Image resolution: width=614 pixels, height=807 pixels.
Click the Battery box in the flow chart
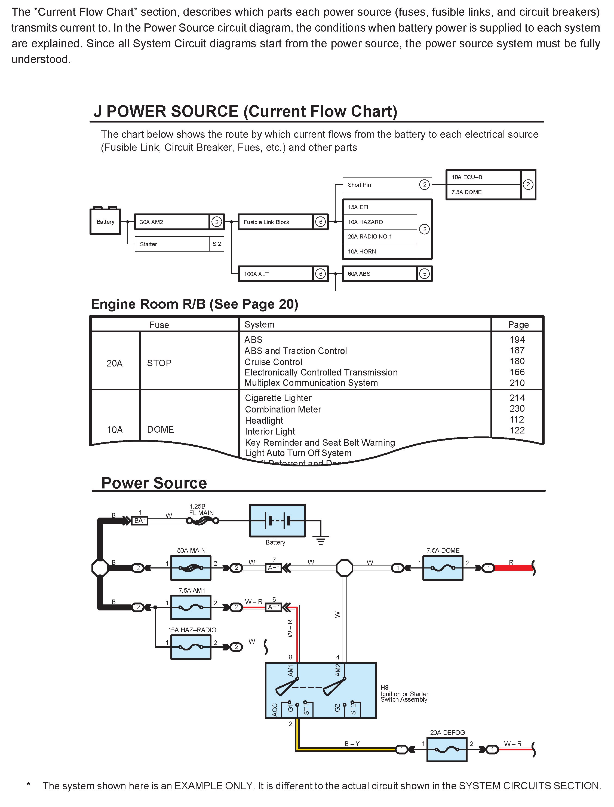105,222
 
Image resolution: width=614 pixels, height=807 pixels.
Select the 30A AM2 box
171,222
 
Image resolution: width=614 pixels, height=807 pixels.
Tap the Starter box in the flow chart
171,244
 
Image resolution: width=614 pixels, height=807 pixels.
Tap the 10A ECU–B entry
483,177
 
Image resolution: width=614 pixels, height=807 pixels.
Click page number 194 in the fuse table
517,340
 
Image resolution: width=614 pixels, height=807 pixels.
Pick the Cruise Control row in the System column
273,362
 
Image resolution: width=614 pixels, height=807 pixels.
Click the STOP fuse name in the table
159,363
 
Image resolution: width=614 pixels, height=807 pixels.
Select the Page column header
518,325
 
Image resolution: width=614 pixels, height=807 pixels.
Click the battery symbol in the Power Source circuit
277,521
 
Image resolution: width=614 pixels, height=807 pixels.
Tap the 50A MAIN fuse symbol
191,568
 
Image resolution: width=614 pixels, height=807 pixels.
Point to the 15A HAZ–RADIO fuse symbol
191,647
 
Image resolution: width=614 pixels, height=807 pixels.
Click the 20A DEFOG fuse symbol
447,750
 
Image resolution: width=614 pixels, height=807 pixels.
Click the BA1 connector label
140,521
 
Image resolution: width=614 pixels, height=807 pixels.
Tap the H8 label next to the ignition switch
385,687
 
